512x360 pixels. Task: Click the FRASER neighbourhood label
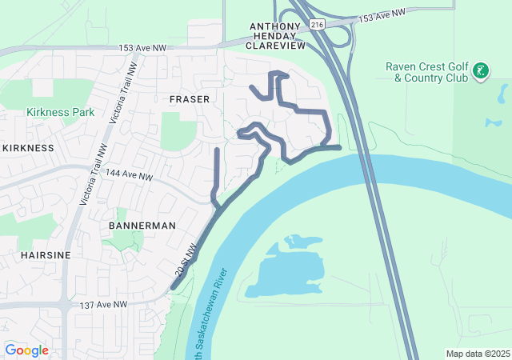190,99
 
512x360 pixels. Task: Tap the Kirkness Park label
60,112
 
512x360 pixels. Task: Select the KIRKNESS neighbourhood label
28,148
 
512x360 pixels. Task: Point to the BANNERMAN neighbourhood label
142,226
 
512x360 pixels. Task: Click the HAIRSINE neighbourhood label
36,254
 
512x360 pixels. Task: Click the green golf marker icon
480,72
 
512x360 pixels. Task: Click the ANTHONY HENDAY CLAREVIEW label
277,36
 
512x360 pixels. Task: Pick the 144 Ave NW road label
127,175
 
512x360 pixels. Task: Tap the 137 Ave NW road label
103,305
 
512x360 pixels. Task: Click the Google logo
27,350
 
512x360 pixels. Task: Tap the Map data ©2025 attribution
477,354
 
